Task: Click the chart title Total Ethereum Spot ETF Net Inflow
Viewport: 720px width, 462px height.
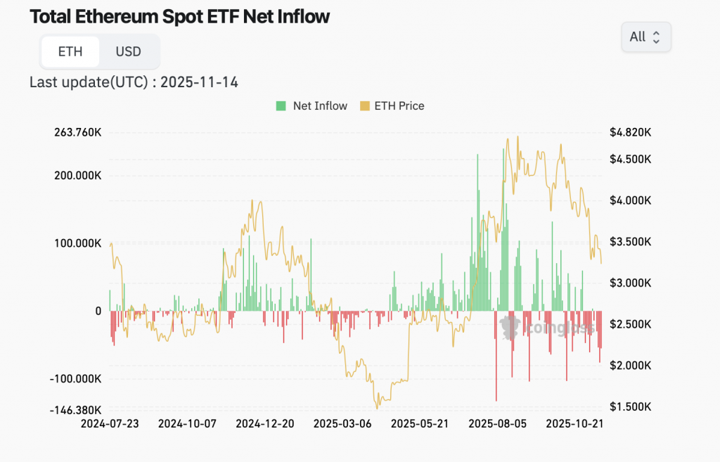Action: (x=179, y=17)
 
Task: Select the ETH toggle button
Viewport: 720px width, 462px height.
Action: (x=70, y=51)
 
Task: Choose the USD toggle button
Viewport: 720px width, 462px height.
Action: (x=128, y=51)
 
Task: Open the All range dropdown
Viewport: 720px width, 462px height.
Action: (x=645, y=37)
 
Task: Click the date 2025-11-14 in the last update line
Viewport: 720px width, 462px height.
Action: (x=199, y=82)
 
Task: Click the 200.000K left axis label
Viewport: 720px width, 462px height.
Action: (x=77, y=175)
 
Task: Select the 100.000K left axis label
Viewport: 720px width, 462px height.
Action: (x=77, y=243)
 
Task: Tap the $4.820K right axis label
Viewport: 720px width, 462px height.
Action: (x=630, y=132)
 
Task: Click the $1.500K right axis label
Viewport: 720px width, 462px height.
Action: (x=630, y=407)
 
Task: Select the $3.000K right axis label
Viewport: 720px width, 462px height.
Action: (x=630, y=283)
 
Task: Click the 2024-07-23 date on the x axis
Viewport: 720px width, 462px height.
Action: (x=110, y=424)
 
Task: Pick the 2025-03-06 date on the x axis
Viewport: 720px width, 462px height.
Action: (x=342, y=424)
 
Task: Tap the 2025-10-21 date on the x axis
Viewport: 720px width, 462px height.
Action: (x=574, y=424)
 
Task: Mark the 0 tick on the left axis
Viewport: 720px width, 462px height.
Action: (x=98, y=311)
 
